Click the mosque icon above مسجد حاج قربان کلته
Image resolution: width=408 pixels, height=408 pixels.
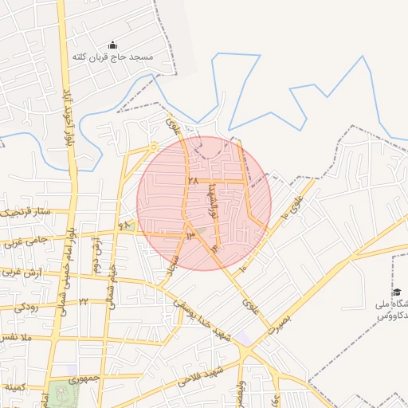coord(112,45)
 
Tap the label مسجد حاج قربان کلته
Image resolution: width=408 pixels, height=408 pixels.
coord(112,57)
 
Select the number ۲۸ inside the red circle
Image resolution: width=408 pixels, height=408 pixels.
coord(192,181)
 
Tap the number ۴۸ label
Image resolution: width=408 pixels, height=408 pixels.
coord(125,226)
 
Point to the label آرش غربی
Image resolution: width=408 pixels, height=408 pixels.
coord(18,273)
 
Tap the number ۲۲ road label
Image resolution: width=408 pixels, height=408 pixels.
coord(82,302)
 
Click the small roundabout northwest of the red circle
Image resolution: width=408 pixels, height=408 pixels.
coord(152,147)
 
